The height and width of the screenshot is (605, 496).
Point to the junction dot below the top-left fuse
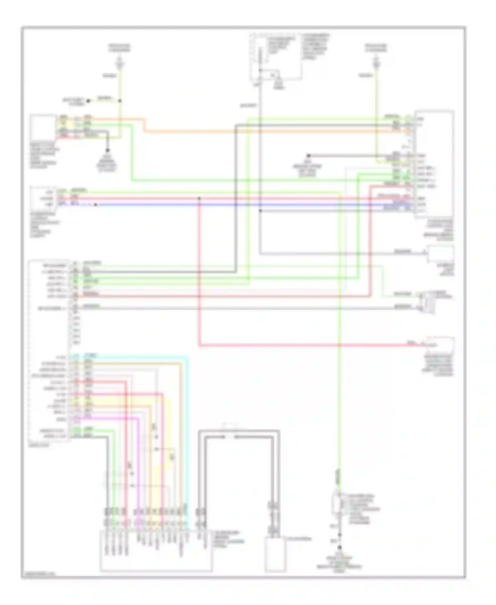(120, 101)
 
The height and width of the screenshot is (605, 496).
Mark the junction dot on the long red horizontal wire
(199, 198)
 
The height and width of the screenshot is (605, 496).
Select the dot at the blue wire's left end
(95, 205)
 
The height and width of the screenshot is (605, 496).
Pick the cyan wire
(188, 430)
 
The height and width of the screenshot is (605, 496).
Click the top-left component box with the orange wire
(43, 128)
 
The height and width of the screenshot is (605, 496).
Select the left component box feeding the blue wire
(43, 198)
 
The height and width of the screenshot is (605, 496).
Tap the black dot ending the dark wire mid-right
(308, 156)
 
